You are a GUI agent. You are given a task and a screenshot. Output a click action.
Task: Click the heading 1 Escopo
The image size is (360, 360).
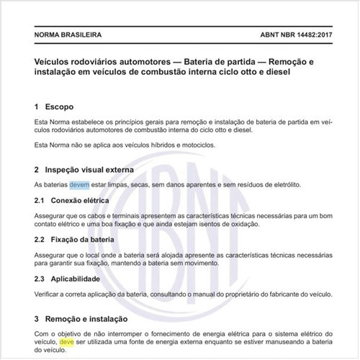point(57,107)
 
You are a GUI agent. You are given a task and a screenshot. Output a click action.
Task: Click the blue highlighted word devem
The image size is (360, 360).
point(79,185)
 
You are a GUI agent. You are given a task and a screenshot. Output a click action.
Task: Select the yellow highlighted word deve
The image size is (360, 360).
point(67,343)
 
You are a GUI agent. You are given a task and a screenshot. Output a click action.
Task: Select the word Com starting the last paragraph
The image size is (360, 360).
point(42,333)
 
